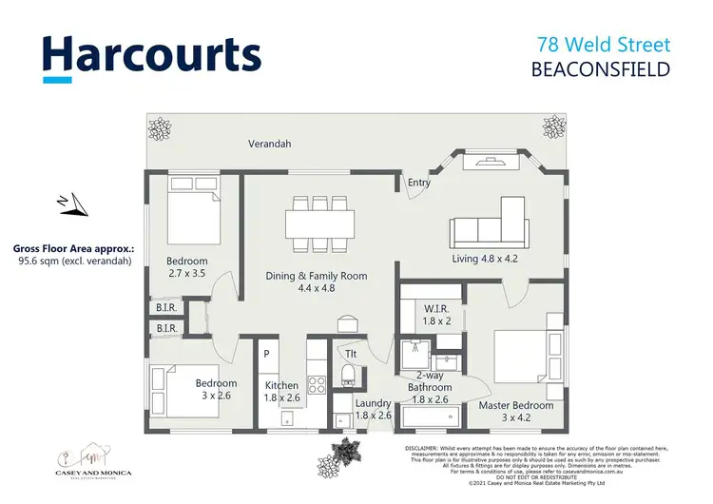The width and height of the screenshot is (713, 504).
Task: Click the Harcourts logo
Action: (151, 55)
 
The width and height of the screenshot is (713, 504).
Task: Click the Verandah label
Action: (269, 145)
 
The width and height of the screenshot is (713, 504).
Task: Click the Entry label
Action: (418, 183)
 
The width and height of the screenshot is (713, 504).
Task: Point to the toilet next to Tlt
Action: (348, 369)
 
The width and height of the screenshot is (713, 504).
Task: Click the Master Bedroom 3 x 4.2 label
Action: (516, 412)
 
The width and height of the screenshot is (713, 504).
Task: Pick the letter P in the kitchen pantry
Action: (267, 354)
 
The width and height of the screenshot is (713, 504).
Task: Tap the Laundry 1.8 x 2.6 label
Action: (373, 409)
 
